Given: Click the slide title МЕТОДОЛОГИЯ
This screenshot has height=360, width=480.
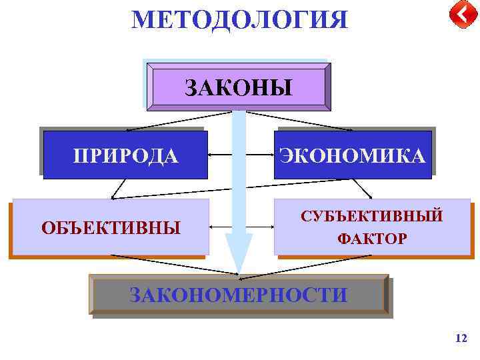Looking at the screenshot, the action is pos(239,19).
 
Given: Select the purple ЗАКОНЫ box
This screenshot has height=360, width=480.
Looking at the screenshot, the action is pos(238,87).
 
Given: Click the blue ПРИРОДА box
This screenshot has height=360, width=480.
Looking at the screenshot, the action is pos(126,155).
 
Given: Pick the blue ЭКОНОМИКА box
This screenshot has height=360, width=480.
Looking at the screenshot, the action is pos(353,155).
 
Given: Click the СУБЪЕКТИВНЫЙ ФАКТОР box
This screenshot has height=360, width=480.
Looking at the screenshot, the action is pos(372,227).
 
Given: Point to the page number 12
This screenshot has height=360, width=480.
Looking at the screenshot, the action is pos(461,339).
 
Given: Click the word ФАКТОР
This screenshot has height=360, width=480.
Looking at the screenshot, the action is pos(372,238).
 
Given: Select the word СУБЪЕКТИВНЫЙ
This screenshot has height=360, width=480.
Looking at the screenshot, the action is pos(372,217).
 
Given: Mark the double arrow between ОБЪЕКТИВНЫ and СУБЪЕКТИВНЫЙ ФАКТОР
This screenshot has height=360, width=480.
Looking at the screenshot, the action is pos(220,227).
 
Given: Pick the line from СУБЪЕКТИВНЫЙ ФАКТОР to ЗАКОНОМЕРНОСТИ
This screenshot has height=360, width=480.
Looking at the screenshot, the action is pos(307,264).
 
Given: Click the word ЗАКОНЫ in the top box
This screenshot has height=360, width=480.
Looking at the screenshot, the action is pos(238,87).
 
